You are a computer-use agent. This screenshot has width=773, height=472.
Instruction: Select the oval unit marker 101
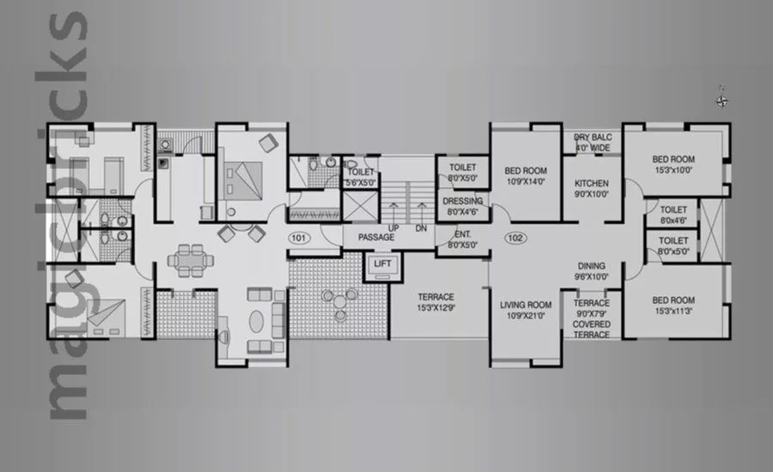click(x=298, y=237)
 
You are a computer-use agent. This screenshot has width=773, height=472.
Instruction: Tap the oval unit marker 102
click(x=515, y=237)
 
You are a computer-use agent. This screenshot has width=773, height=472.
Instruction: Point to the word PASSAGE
click(x=376, y=237)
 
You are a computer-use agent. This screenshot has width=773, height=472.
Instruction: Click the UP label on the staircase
click(x=394, y=228)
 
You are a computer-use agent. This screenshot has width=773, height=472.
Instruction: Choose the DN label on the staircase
click(x=421, y=228)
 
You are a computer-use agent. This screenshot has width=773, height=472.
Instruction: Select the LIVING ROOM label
click(x=526, y=305)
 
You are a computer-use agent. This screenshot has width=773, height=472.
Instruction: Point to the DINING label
click(x=591, y=266)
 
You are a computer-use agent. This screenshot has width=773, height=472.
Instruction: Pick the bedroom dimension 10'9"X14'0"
click(x=526, y=182)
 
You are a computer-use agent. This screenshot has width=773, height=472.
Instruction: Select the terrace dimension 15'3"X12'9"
click(x=436, y=308)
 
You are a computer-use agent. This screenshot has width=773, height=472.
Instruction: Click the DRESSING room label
click(x=462, y=202)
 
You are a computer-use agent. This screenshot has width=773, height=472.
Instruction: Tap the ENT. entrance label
click(x=462, y=233)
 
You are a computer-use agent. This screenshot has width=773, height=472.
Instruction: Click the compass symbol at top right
click(x=722, y=100)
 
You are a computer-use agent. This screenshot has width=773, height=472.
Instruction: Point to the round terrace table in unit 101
click(x=340, y=299)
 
